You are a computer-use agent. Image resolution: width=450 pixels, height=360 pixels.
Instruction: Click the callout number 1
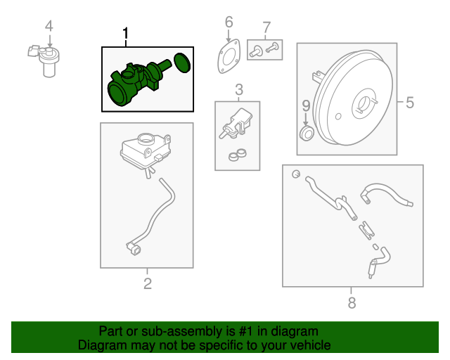tap(126, 34)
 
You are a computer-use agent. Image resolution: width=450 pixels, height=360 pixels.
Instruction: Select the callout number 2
tap(147, 284)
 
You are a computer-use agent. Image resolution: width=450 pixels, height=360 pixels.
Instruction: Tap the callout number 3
tap(238, 89)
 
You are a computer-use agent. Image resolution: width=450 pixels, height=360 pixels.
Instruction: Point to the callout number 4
tap(49, 27)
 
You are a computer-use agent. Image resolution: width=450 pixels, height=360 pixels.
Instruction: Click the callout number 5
tap(409, 103)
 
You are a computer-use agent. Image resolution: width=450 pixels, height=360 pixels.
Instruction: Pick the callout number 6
tap(229, 22)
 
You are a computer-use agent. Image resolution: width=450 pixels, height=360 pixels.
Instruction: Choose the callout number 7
tap(266, 28)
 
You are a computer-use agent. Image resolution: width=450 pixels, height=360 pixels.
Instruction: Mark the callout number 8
tap(352, 303)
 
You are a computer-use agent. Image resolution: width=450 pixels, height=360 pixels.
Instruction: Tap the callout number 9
tap(305, 106)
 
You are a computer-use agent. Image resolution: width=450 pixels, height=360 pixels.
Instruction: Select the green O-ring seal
tap(182, 63)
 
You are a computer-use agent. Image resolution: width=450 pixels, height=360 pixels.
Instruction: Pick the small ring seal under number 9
tap(307, 133)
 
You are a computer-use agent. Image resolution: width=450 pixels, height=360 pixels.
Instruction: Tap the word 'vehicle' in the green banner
tap(309, 345)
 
